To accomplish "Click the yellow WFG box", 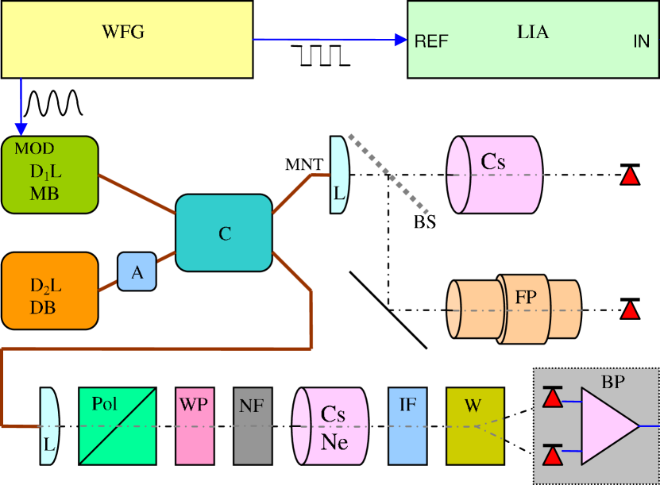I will pyautogui.click(x=127, y=39).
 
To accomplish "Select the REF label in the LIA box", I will pyautogui.click(x=431, y=42).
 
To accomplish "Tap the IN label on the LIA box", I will pyautogui.click(x=641, y=42).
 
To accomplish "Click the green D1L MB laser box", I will pyautogui.click(x=49, y=175).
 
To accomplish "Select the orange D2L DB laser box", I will pyautogui.click(x=49, y=291).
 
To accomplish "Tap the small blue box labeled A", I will pyautogui.click(x=137, y=271).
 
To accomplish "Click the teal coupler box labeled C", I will pyautogui.click(x=224, y=233).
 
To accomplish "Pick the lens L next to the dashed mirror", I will pyautogui.click(x=339, y=175).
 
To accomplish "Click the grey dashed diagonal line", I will pyautogui.click(x=389, y=175).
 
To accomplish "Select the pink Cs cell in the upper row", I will pyautogui.click(x=494, y=175).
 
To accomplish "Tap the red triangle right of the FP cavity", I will pyautogui.click(x=630, y=310).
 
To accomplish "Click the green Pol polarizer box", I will pyautogui.click(x=118, y=425).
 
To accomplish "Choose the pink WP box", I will pyautogui.click(x=195, y=425).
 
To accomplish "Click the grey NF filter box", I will pyautogui.click(x=253, y=425).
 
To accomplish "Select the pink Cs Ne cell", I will pyautogui.click(x=331, y=426).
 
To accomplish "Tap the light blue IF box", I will pyautogui.click(x=407, y=425).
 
